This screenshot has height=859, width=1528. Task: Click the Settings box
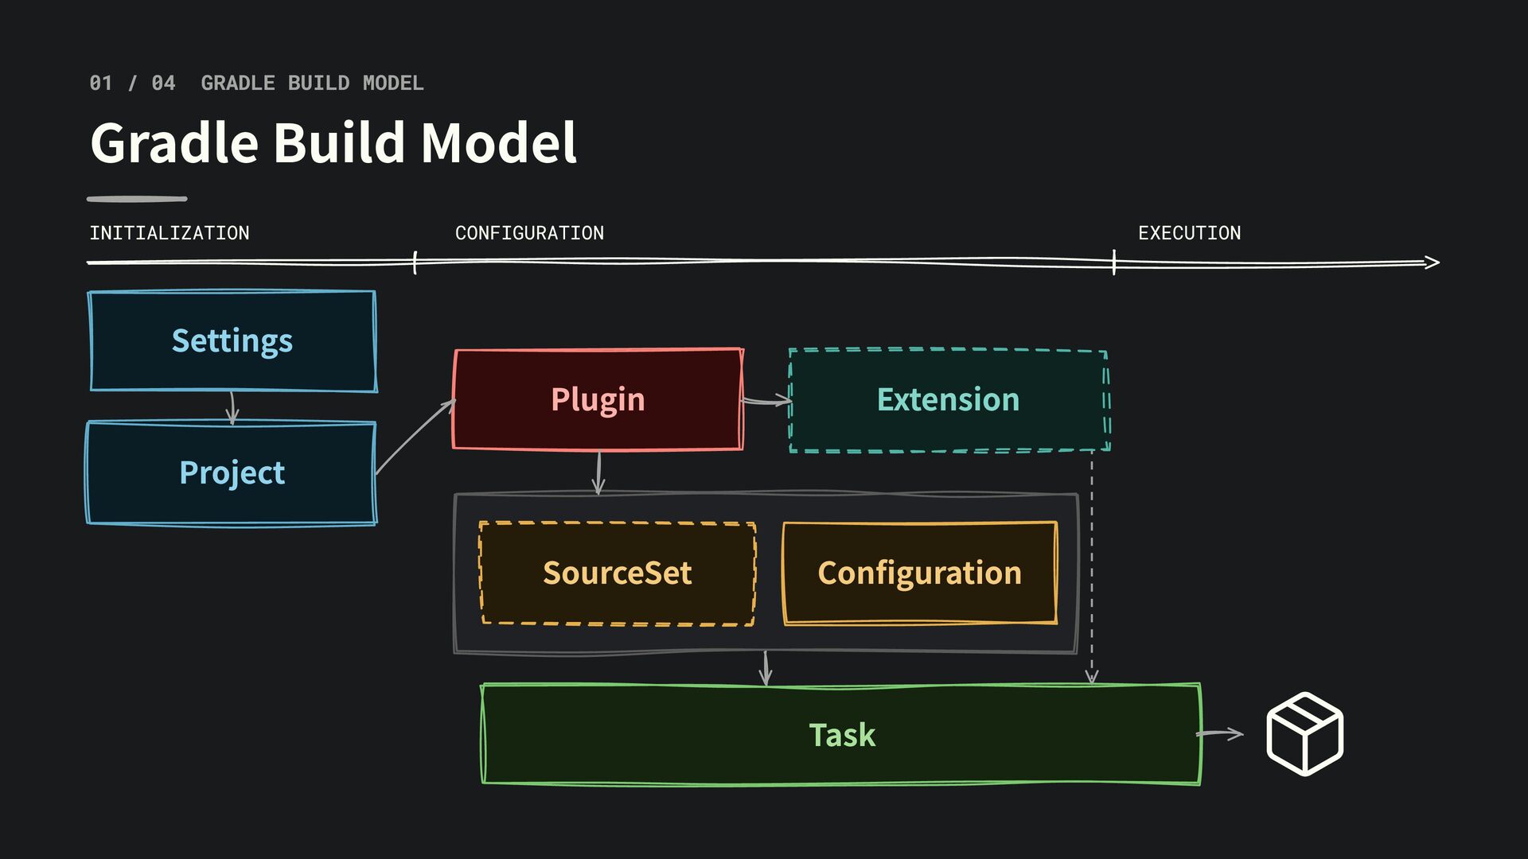(x=232, y=340)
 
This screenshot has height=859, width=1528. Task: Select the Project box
(x=232, y=472)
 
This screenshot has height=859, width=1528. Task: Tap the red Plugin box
(x=598, y=399)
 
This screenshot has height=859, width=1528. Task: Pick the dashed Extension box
(x=949, y=400)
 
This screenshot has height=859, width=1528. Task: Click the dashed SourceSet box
(x=618, y=573)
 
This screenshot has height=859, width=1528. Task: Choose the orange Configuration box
(x=920, y=573)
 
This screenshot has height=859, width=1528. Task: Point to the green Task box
(x=841, y=734)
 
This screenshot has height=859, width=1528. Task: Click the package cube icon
(x=1305, y=733)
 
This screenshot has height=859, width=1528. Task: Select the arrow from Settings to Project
(x=232, y=407)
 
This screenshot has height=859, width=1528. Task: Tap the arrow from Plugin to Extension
(x=766, y=402)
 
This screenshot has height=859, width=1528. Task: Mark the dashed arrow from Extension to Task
(x=1092, y=567)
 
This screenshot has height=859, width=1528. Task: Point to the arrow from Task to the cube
(x=1220, y=733)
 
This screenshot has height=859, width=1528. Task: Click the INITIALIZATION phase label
(x=170, y=233)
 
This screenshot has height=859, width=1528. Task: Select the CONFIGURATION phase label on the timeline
(x=529, y=233)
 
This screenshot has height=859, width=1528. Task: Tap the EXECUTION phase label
(x=1190, y=233)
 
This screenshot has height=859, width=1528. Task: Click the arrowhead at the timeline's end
(x=1432, y=262)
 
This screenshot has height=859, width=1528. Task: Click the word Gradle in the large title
(x=174, y=143)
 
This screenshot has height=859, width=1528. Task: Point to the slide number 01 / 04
(x=132, y=83)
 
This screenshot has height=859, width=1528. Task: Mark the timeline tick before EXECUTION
(x=1114, y=262)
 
